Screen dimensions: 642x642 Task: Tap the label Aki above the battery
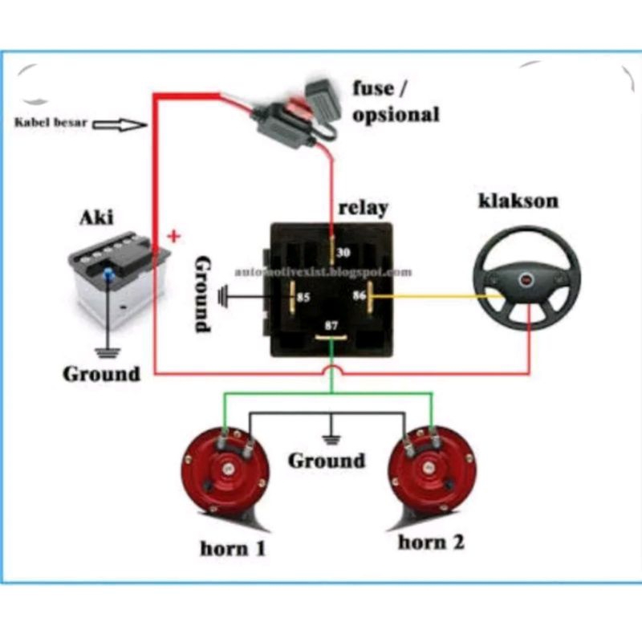96,217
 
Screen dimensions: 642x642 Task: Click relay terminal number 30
343,253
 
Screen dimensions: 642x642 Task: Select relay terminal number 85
303,298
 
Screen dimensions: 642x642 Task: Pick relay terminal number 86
359,296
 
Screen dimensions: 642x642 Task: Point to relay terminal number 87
331,327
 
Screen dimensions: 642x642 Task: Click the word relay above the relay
363,207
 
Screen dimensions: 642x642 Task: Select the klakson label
518,200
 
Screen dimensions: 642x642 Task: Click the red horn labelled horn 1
225,474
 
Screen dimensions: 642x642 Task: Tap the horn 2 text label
431,542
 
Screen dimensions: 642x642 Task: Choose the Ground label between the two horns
327,461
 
